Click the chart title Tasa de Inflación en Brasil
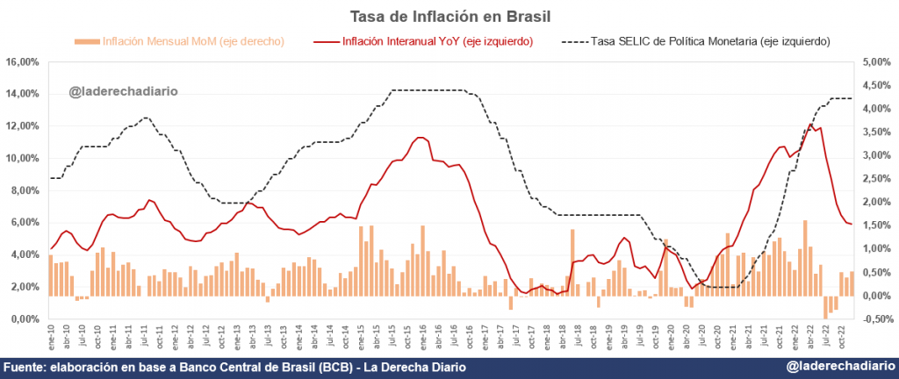449,15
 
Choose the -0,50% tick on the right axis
872,319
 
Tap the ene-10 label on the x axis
51,337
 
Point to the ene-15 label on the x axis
361,337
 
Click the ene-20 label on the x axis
665,337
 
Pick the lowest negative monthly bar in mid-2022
825,307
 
